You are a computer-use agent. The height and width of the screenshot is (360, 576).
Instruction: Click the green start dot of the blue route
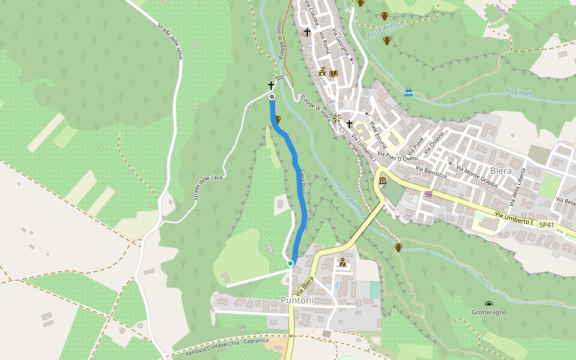click(290, 263)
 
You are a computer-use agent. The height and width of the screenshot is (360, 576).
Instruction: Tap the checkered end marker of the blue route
click(271, 97)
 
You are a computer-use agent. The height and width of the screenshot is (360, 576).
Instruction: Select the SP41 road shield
click(545, 224)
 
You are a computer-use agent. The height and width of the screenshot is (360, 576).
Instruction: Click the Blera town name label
click(501, 170)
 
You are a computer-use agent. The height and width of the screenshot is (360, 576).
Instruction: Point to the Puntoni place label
click(297, 300)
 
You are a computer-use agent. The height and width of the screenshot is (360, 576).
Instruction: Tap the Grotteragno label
click(488, 312)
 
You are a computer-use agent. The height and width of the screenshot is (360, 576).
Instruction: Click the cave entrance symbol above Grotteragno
click(489, 304)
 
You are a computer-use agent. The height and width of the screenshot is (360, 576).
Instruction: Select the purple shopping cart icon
click(428, 194)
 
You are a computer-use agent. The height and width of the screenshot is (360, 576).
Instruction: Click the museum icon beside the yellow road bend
click(382, 181)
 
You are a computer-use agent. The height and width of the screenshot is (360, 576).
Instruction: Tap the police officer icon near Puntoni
click(343, 262)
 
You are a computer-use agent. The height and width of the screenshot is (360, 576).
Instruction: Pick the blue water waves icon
click(409, 92)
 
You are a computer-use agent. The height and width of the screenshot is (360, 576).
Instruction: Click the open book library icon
click(334, 73)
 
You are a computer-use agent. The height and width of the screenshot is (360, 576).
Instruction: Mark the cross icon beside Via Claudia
click(307, 32)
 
